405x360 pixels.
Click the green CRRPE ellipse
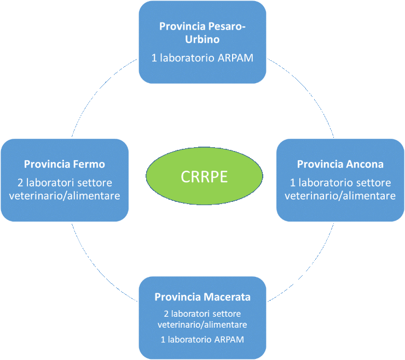[202, 177]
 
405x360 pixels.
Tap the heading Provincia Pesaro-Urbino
[202, 33]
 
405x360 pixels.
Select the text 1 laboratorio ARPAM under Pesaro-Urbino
[202, 57]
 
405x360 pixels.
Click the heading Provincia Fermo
[65, 164]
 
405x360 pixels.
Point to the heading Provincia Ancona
[340, 164]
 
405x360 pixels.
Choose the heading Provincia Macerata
[202, 298]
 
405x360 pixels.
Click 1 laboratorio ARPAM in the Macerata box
[202, 340]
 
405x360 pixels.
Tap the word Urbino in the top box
[202, 40]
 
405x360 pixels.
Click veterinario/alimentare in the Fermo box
[65, 196]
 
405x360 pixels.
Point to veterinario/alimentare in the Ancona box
[340, 196]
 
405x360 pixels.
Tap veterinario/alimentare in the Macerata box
[202, 324]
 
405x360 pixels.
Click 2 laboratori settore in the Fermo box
[65, 182]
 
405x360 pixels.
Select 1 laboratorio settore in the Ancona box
[340, 182]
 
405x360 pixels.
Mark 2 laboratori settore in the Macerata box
[202, 314]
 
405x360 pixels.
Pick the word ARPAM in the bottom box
[229, 340]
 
